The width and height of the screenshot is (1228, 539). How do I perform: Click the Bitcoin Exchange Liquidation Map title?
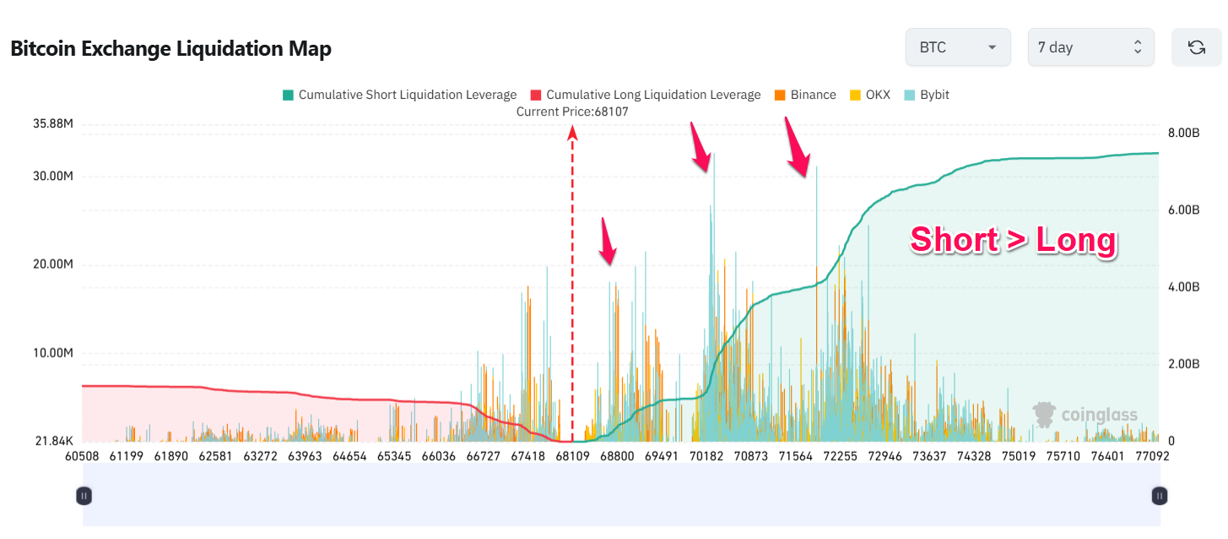tap(170, 49)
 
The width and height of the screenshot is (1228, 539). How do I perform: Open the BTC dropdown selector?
tap(957, 47)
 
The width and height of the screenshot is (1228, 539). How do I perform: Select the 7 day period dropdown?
tap(1090, 47)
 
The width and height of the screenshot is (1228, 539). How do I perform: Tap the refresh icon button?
tap(1196, 47)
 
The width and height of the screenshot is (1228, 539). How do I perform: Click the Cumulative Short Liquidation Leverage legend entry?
tap(399, 95)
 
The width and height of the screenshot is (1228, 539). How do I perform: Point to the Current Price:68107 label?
tap(572, 111)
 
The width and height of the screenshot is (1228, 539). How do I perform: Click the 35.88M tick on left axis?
tap(53, 124)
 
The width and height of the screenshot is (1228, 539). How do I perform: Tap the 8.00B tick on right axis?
tap(1183, 133)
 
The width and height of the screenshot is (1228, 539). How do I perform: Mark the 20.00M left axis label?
tap(53, 264)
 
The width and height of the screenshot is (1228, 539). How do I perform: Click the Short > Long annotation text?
tap(1013, 241)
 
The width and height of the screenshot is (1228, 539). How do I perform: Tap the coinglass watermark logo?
tap(1085, 414)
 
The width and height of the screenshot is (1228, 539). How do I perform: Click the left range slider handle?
tap(84, 496)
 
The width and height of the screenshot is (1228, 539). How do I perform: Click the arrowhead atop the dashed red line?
tap(572, 131)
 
